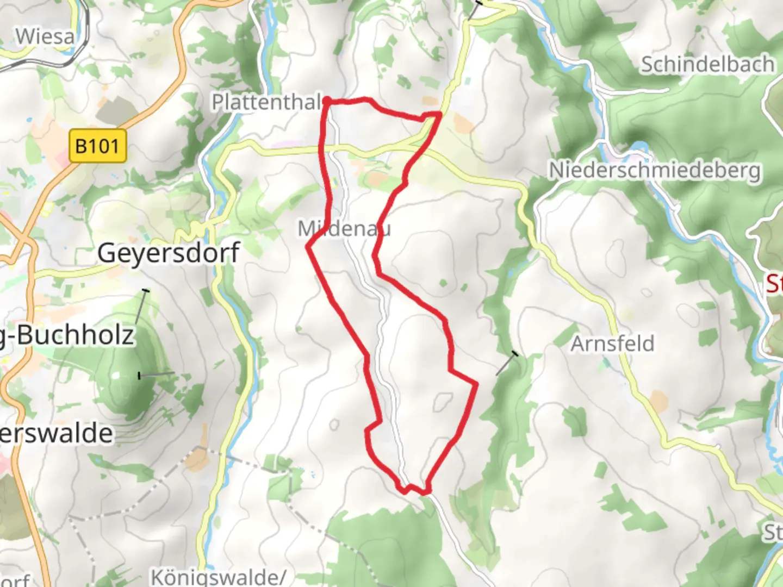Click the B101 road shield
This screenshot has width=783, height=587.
98,146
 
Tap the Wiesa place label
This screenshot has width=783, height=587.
45,37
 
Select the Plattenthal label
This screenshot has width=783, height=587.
266,102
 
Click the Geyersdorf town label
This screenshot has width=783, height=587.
169,253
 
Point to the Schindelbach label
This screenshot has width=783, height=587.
707,64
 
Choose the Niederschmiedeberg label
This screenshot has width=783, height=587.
655,170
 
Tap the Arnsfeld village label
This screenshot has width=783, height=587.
612,344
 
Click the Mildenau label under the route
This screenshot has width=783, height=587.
344,228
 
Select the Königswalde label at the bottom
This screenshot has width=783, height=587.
217,577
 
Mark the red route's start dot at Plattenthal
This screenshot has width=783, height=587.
327,101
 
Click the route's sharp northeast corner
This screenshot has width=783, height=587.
439,113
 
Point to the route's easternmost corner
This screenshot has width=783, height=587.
477,384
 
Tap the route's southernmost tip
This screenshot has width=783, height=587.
427,492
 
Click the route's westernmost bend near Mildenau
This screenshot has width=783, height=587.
308,247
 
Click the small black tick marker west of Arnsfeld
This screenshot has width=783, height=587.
514,354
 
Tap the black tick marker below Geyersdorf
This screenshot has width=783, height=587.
145,291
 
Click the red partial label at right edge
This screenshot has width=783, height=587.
774,284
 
